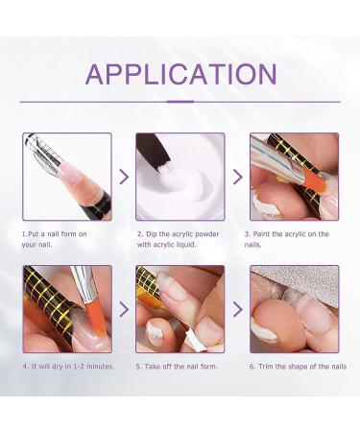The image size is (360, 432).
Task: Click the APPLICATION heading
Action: coord(180,74)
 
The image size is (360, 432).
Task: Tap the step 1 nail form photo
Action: coord(67,177)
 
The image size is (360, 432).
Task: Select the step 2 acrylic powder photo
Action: coord(180,177)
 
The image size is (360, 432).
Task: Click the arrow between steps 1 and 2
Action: coord(124,177)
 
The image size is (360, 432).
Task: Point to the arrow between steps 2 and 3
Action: coord(237,177)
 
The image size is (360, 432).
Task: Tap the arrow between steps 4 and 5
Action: coord(124,309)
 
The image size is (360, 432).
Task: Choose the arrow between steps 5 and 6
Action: coord(237,309)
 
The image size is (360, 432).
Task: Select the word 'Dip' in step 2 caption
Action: coord(152,234)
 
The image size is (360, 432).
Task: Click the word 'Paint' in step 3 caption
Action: coord(261,234)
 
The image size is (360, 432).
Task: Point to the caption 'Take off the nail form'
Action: coord(180,367)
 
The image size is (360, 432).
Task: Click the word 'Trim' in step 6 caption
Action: coord(265,367)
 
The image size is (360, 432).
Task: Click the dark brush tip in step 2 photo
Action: coord(154,151)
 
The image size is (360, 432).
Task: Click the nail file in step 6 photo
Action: coord(304,281)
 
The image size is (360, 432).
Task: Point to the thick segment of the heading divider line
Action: coord(180,102)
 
